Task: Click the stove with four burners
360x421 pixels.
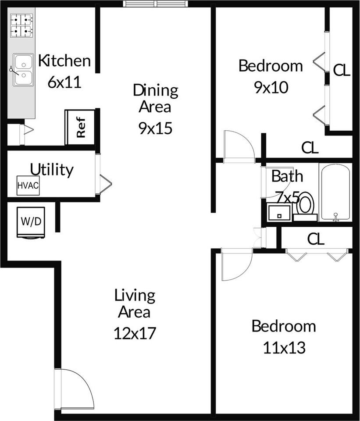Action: (22, 25)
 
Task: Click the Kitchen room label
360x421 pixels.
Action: (64, 61)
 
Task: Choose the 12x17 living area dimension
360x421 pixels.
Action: (135, 333)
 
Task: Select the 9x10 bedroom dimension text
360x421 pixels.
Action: (271, 87)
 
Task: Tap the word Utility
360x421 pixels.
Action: (51, 169)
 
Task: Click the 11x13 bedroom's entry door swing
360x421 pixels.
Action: (235, 264)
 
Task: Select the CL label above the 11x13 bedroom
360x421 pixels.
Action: (315, 239)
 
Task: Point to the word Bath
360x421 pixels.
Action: (287, 176)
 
